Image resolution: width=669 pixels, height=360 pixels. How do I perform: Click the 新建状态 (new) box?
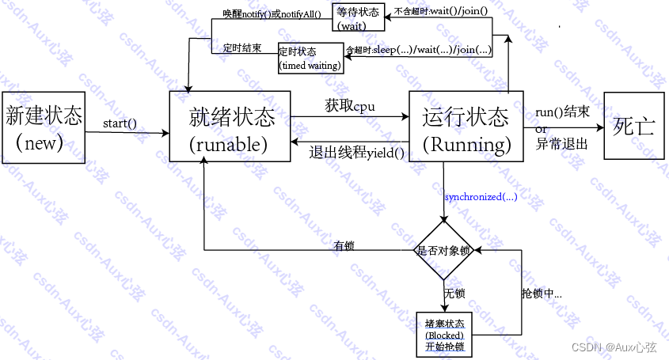44,128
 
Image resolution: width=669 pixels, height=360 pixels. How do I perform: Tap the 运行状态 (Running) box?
466,127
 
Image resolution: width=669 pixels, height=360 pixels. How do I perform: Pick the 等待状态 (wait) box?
358,18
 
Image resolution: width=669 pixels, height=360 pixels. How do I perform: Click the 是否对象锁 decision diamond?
443,251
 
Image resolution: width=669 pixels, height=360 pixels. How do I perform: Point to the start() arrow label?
120,123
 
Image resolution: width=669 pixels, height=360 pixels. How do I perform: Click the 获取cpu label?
350,106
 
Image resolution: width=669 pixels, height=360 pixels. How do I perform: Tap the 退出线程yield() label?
357,153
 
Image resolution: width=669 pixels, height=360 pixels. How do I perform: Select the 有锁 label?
344,245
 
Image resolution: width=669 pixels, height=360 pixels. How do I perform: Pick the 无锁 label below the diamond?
454,294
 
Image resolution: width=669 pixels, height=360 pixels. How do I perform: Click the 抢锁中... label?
541,294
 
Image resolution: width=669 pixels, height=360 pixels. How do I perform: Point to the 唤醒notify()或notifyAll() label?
265,13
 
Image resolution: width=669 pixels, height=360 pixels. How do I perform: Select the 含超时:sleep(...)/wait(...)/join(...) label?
419,50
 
